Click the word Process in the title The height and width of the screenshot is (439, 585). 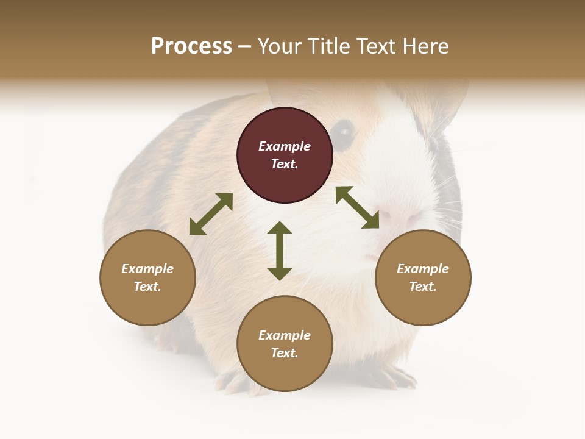click(191, 46)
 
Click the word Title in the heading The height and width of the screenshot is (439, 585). click(330, 46)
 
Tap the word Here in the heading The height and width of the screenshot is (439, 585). click(425, 46)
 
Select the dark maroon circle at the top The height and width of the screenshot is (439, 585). click(285, 155)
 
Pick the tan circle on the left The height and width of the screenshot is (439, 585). click(147, 278)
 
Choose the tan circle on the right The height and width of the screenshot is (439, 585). click(423, 278)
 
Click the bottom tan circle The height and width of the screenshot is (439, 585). click(285, 343)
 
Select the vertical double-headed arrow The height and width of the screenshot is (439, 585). click(280, 251)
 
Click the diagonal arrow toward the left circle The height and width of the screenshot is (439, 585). click(211, 214)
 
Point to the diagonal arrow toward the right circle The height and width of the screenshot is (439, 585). click(358, 207)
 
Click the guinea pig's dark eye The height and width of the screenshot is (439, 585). click(345, 131)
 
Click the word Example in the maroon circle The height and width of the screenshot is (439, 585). click(285, 146)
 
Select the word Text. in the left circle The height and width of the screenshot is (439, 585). click(147, 287)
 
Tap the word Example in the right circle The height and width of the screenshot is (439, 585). click(423, 269)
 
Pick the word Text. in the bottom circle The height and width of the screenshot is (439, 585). click(285, 353)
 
